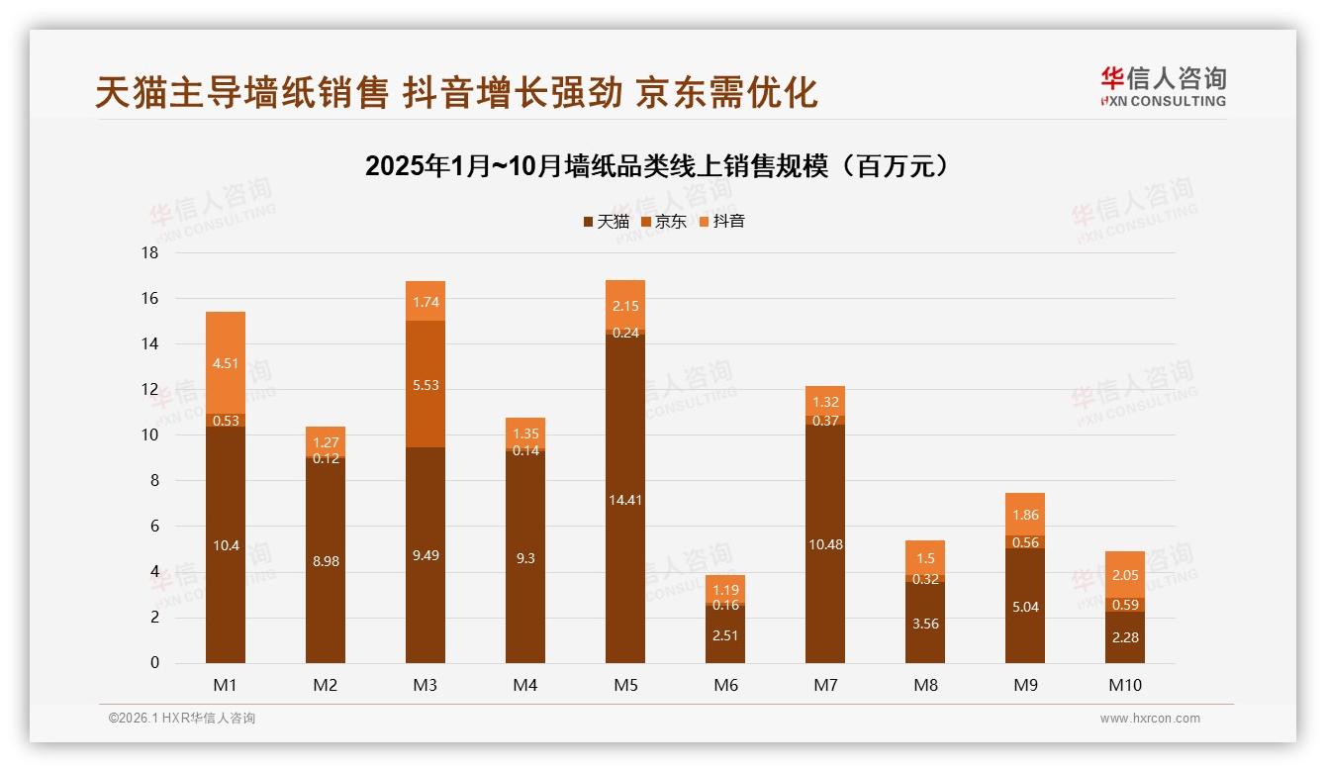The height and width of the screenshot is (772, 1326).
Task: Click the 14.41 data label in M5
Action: pos(625,500)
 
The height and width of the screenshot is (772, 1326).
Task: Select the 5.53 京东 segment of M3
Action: pos(426,385)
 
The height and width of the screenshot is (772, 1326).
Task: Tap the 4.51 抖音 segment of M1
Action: pos(226,363)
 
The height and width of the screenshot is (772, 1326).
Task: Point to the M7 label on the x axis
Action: pos(825,685)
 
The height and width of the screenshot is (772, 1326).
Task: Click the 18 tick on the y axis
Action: pos(149,253)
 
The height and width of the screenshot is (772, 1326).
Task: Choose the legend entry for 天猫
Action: pos(607,222)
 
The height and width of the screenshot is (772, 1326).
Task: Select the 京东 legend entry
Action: pos(664,222)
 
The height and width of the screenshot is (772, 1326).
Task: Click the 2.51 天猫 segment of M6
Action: pos(725,634)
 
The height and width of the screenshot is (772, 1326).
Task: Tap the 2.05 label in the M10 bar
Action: pos(1125,575)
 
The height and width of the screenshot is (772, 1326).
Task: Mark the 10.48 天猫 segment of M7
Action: pos(825,544)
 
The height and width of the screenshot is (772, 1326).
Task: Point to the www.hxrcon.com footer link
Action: pos(1150,719)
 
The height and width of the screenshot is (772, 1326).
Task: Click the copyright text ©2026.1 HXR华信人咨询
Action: pos(182,719)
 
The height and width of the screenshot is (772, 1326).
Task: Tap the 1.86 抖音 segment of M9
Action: pos(1025,515)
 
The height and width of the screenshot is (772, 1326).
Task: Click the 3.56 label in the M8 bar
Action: pos(925,622)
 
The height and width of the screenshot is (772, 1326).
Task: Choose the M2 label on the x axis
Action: pos(326,685)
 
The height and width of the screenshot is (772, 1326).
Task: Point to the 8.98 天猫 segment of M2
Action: pos(326,560)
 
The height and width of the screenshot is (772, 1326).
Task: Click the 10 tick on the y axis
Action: pos(149,435)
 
